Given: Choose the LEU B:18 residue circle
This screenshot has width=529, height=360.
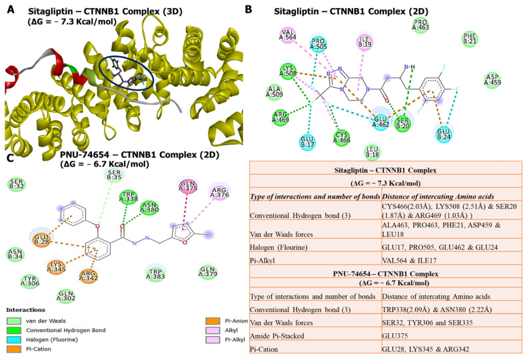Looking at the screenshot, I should [x=374, y=153].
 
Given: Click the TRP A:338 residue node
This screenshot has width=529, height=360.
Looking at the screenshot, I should [x=127, y=198].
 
